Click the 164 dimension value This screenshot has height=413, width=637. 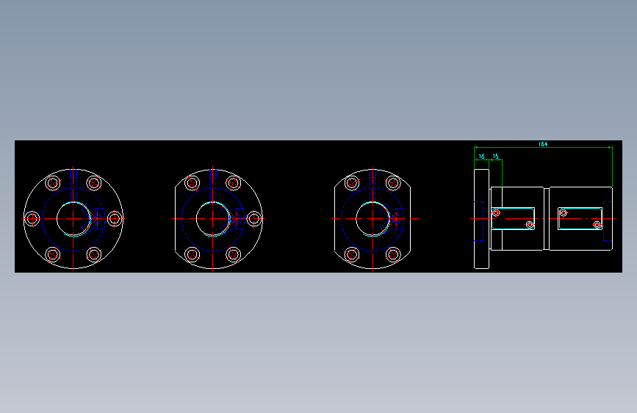[x=543, y=144]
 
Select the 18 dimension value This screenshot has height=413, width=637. [x=482, y=157]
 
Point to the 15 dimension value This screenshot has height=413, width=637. [x=496, y=157]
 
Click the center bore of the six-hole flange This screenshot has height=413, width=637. [x=73, y=218]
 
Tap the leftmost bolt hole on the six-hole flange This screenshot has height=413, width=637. [x=32, y=218]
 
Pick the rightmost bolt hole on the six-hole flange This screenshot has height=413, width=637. [x=115, y=218]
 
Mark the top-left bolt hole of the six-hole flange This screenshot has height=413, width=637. [x=53, y=183]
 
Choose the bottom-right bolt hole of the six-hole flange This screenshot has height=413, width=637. [x=94, y=254]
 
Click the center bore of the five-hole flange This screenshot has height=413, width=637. [x=213, y=218]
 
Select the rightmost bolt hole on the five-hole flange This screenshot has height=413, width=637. [x=254, y=218]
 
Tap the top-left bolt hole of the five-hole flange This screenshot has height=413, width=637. [x=192, y=183]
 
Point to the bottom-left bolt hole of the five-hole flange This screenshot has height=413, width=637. [x=192, y=254]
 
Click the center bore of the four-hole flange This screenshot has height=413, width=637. [x=373, y=218]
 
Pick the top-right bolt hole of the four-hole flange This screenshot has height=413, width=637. [x=393, y=183]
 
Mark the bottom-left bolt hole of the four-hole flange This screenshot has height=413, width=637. [x=352, y=254]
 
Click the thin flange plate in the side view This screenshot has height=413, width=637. [x=482, y=219]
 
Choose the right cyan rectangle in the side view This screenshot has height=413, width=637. [x=580, y=218]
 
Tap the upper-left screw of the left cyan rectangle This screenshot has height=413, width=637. [x=497, y=213]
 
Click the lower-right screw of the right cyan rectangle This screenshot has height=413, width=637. [x=598, y=225]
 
